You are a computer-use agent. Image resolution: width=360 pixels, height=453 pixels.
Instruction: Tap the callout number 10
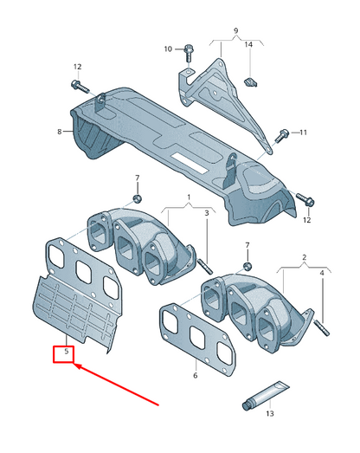pyautogui.click(x=169, y=49)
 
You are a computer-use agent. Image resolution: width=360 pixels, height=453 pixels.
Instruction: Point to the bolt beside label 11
pyautogui.click(x=281, y=134)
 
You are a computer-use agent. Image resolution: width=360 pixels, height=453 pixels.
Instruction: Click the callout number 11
pyautogui.click(x=302, y=133)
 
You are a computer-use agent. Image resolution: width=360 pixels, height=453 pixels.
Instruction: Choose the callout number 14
pyautogui.click(x=247, y=44)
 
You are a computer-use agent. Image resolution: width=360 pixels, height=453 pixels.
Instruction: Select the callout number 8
pyautogui.click(x=60, y=132)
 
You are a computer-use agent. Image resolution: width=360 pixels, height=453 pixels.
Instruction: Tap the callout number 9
pyautogui.click(x=235, y=31)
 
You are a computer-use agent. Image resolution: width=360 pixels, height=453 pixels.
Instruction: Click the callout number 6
pyautogui.click(x=196, y=375)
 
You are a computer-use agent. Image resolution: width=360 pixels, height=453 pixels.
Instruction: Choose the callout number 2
pyautogui.click(x=305, y=257)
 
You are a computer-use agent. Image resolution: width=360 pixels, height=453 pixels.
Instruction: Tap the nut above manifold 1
pyautogui.click(x=138, y=199)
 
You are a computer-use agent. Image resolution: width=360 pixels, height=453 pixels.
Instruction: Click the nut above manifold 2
pyautogui.click(x=247, y=264)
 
